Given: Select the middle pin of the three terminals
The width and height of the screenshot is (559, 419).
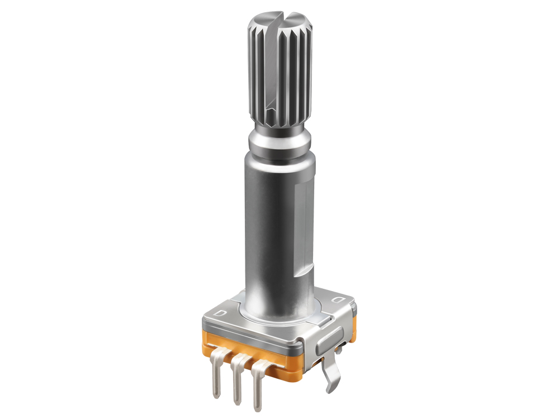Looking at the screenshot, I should [x=238, y=380].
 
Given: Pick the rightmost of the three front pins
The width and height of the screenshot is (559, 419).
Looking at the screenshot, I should [x=258, y=385].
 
